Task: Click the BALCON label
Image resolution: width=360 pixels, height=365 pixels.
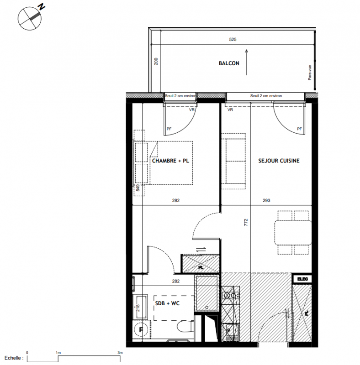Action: point(229,63)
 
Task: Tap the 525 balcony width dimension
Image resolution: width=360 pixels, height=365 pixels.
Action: point(233,40)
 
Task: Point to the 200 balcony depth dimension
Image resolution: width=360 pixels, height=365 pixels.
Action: point(156,61)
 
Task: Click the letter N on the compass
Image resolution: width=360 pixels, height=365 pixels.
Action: point(42,7)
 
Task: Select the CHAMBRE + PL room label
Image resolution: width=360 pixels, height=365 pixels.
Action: point(170,161)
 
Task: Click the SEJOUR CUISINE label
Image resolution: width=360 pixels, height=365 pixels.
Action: point(279,161)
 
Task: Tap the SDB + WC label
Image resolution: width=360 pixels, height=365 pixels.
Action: point(167,303)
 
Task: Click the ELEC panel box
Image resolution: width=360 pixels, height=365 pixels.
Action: point(302,279)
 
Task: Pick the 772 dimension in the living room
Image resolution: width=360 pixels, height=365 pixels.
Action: point(246,222)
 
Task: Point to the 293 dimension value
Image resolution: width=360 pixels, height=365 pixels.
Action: point(266,200)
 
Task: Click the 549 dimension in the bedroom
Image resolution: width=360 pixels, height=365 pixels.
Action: point(138,188)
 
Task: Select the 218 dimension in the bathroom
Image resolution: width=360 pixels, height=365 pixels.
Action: point(138,308)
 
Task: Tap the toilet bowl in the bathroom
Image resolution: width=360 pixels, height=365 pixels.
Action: point(185,326)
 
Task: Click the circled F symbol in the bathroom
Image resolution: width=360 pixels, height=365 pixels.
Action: point(141,329)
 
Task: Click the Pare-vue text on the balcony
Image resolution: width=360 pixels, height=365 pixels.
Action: point(310,73)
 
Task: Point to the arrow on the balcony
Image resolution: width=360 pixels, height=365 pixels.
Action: point(246,62)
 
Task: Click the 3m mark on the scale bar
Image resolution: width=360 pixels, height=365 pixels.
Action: point(120,353)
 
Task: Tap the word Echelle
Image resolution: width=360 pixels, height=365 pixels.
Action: point(13,358)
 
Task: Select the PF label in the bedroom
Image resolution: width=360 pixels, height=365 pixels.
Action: point(169,129)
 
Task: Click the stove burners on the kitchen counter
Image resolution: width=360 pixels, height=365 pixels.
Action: point(230,296)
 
